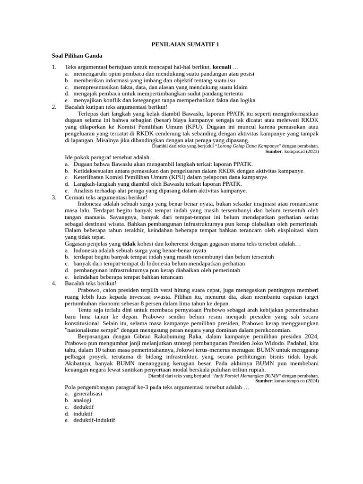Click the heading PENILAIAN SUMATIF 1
(x=185, y=44)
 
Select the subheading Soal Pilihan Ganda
(x=77, y=56)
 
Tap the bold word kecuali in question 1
(x=222, y=67)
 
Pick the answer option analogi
(x=82, y=400)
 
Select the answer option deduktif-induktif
(x=94, y=420)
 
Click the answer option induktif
(x=83, y=413)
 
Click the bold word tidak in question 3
(x=129, y=243)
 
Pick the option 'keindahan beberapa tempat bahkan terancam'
(x=128, y=277)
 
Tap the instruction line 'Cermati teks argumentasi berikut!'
(x=106, y=197)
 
